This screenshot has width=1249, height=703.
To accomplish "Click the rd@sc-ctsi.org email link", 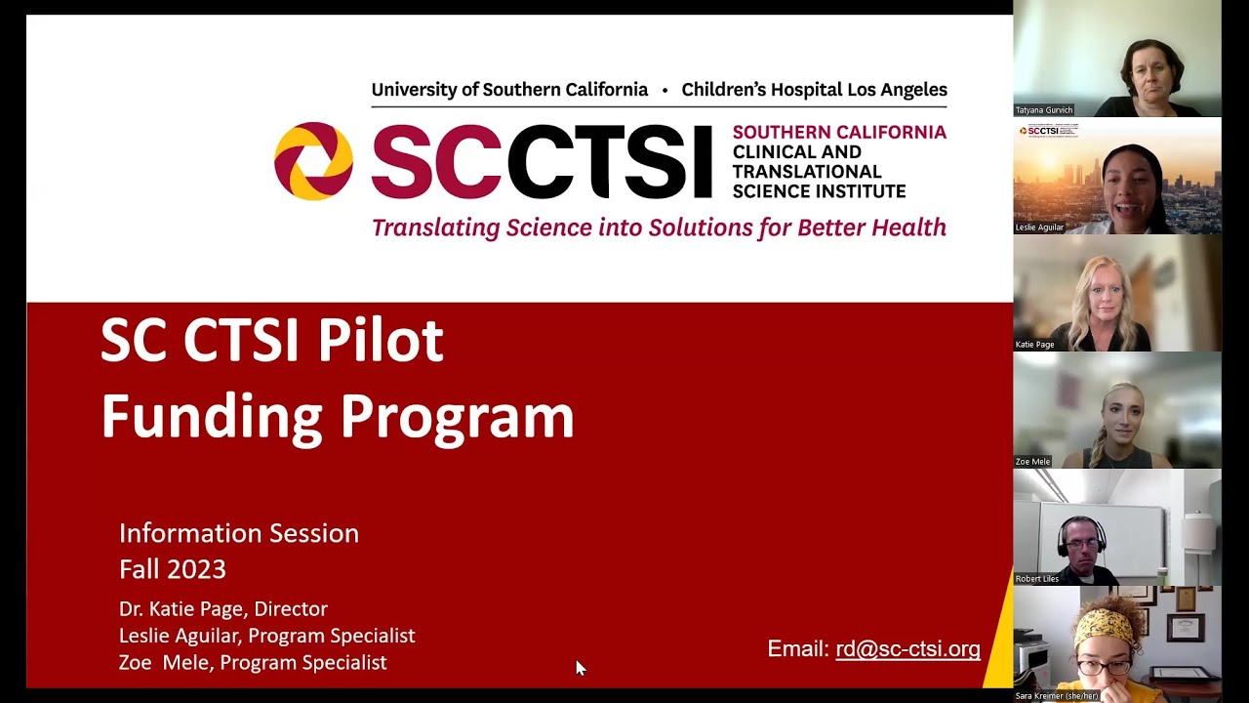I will [x=907, y=649].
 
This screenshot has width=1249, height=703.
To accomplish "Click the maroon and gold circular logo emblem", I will [x=313, y=161].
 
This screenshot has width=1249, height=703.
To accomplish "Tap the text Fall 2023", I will [x=173, y=569].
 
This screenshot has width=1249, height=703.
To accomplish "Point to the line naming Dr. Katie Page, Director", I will [x=223, y=609].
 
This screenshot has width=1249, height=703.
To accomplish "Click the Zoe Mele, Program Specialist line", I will [x=253, y=663].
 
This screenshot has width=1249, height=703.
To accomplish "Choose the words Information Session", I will [x=239, y=533].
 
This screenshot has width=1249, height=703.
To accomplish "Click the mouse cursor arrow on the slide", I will [x=580, y=668].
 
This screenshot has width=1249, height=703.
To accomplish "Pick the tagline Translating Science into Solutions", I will [x=659, y=228].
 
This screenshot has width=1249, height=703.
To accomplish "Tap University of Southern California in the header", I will [x=509, y=90].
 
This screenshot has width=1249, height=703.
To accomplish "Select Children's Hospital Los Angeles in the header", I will [x=814, y=90].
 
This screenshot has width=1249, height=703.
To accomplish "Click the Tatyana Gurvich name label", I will [x=1044, y=110].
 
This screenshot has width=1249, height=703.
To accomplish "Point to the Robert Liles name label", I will [x=1037, y=579].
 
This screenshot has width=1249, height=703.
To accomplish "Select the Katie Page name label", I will [x=1035, y=345].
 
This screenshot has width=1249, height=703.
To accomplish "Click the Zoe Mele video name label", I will [x=1033, y=462].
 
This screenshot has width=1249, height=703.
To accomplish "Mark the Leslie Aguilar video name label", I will [x=1040, y=227].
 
